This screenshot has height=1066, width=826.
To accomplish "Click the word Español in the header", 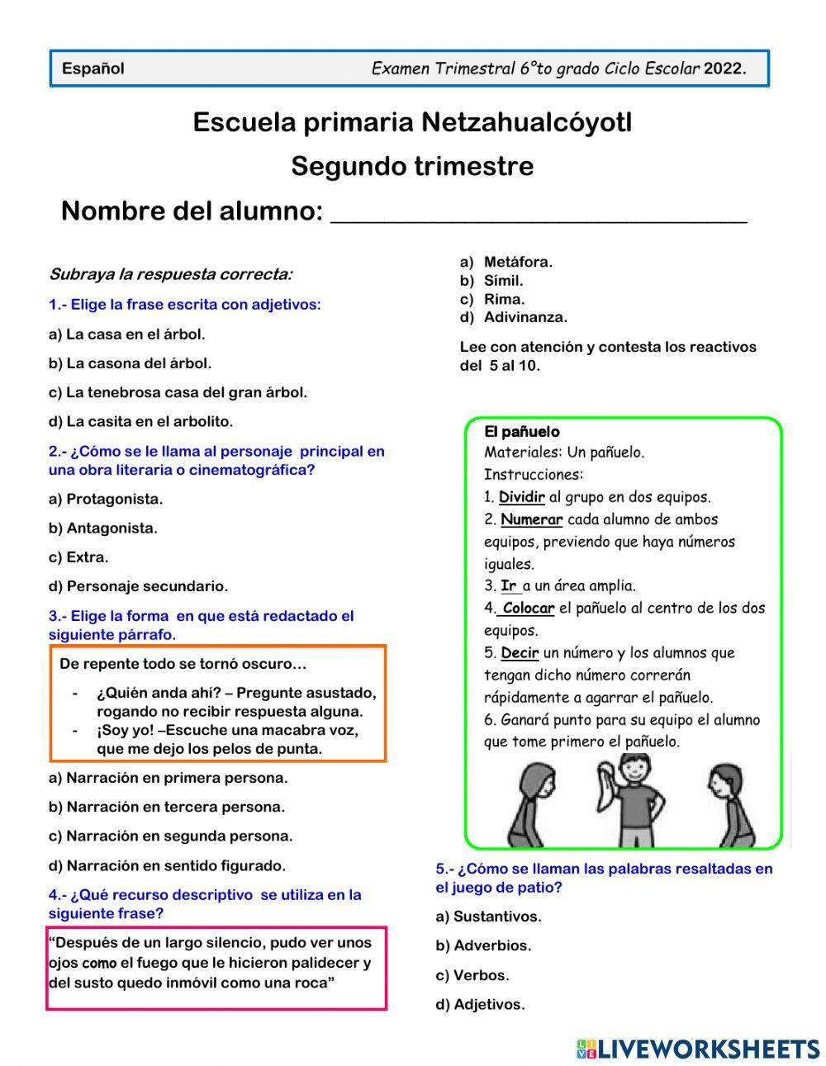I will point(93,69).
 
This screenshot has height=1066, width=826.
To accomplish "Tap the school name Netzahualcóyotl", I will point(526,122).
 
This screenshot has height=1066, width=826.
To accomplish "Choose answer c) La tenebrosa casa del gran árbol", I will point(178,392).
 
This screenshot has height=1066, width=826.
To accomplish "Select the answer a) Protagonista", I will point(106,499).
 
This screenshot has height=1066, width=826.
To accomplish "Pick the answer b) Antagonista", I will point(103,528).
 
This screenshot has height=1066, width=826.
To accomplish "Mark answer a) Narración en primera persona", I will point(168,777).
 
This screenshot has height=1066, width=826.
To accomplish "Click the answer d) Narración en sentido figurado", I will point(167,865).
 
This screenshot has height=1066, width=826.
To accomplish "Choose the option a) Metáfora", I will point(506,262).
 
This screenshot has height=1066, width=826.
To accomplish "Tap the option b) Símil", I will point(492,281).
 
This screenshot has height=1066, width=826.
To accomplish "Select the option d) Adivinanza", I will point(514,317).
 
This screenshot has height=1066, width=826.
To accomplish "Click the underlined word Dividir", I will point(521,497).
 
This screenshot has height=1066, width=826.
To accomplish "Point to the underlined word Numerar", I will point(531,519).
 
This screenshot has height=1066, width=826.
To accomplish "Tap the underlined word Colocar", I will point(528,609).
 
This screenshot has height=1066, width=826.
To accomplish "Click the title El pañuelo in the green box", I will point(521,432).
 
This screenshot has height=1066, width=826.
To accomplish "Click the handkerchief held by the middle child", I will point(607,784).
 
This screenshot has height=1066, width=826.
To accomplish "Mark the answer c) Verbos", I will point(472,975).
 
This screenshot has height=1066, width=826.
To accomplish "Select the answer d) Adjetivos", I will point(480,1004).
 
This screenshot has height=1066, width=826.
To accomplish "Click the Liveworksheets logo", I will point(697,1048).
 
